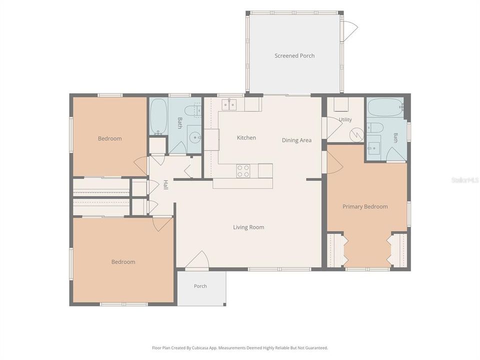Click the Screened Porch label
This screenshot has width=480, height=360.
[x=294, y=55]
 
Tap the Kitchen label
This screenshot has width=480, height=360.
[x=246, y=138]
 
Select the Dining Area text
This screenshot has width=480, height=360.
[x=296, y=140]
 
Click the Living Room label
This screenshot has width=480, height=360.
[x=248, y=227]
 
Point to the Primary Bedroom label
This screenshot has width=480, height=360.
[x=365, y=206]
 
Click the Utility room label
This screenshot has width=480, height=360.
[x=345, y=119]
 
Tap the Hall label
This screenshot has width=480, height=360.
[x=165, y=184]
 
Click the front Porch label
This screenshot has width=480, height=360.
[x=200, y=286]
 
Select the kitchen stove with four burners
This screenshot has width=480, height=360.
[x=243, y=171]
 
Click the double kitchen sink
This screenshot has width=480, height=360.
[x=229, y=104]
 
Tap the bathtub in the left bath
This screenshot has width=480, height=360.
[x=158, y=116]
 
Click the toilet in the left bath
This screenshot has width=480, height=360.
[x=193, y=111]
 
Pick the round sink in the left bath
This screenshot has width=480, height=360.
[x=194, y=138]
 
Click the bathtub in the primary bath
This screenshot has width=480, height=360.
[x=385, y=107]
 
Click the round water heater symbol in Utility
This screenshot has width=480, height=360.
[x=357, y=134]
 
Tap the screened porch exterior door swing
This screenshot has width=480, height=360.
[x=350, y=30]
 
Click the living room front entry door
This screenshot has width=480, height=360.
[x=197, y=260]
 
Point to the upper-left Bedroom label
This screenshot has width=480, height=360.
[x=110, y=138]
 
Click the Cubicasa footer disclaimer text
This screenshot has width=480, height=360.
[x=240, y=348]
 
